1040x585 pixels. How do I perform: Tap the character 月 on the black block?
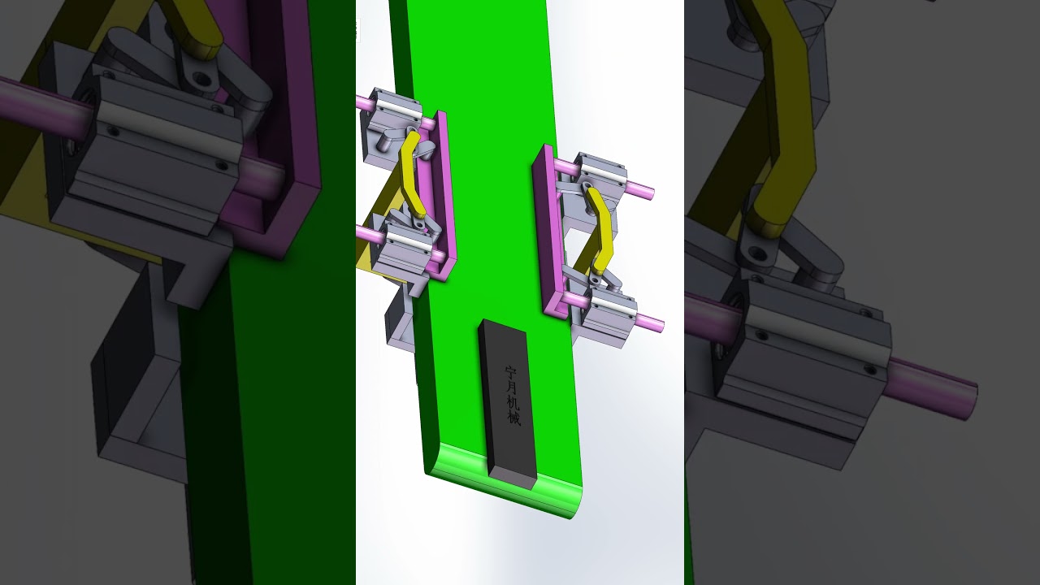coord(511,388)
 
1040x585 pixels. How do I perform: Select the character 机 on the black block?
coord(512,403)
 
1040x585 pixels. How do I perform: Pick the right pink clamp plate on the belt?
coord(548,236)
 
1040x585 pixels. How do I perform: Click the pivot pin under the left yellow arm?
coord(418,222)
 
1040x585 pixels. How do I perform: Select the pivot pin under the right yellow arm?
coord(596,279)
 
